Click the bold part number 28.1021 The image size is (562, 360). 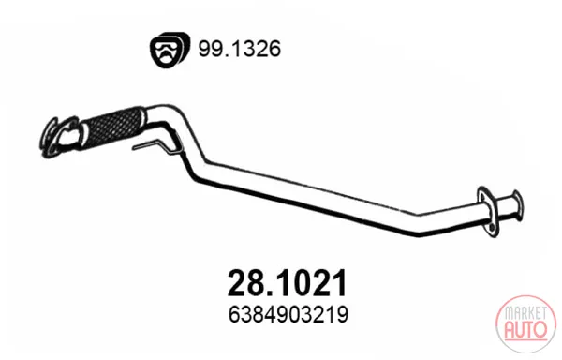coord(288,283)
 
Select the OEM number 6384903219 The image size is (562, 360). coord(288,315)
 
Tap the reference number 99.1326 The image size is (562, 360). coord(240,49)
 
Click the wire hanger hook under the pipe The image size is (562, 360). coord(157,144)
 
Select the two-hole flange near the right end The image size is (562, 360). coord(488,212)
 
